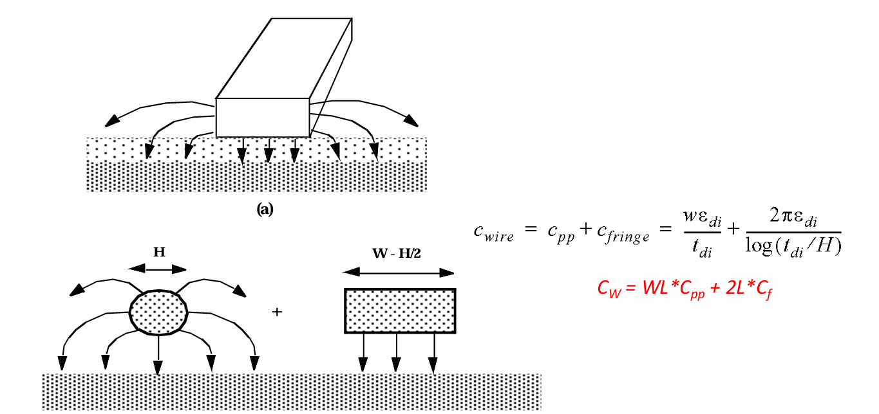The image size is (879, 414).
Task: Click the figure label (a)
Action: (x=265, y=210)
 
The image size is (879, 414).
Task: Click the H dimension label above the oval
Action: (x=159, y=252)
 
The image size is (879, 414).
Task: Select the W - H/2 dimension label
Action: (x=396, y=253)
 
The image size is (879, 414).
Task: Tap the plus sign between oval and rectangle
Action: (x=277, y=312)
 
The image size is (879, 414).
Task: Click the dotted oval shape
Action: (x=158, y=312)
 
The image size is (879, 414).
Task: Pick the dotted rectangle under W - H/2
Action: (x=400, y=311)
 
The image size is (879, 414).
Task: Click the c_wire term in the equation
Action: (x=493, y=232)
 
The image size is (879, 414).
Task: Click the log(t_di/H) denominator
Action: (x=793, y=247)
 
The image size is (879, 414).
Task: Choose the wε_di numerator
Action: (x=703, y=218)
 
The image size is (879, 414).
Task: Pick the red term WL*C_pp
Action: (x=674, y=290)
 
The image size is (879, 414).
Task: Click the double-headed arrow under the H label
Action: (x=157, y=269)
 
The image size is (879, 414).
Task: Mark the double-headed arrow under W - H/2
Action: (x=399, y=273)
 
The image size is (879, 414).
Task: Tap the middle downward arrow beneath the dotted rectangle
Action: (x=396, y=352)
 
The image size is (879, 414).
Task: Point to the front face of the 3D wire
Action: (x=263, y=118)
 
